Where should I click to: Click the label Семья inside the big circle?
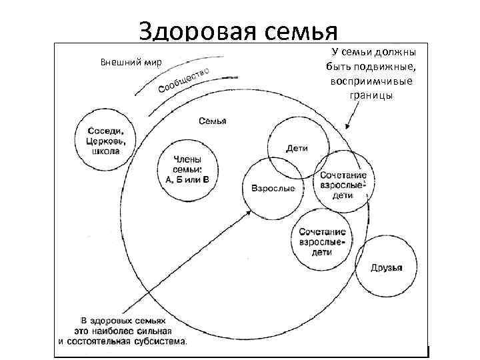(x=213, y=121)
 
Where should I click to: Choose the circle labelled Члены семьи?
(x=187, y=168)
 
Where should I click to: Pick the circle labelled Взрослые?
(x=273, y=189)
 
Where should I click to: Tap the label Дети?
(x=297, y=148)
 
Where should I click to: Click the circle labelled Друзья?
(x=387, y=268)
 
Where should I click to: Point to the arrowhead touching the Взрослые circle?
(x=249, y=211)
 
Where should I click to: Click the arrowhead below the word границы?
(x=347, y=127)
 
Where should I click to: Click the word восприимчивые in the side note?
(x=371, y=81)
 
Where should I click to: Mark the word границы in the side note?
(x=371, y=95)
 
